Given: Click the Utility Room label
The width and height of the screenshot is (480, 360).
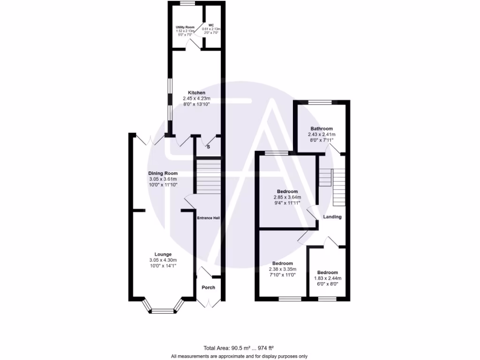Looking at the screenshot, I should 185,28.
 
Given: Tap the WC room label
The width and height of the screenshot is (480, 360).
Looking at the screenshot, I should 211,25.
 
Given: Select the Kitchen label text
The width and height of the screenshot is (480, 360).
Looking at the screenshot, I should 197,93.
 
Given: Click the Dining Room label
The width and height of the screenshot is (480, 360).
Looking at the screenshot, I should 163,173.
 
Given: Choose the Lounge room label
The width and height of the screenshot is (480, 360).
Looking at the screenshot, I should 163,254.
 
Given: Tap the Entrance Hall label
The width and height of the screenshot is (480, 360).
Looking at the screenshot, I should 208,218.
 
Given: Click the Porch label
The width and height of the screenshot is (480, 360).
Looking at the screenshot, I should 208,287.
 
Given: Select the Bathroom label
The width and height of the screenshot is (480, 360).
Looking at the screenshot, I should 322,129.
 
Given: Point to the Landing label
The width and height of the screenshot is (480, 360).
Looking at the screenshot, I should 332,217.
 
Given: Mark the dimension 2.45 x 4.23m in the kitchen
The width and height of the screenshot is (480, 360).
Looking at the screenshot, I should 197,98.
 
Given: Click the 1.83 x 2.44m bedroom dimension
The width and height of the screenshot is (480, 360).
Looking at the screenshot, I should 327,278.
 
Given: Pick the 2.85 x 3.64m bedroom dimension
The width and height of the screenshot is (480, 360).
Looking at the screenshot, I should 287,197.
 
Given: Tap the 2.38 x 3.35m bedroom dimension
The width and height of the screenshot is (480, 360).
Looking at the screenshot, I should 282,269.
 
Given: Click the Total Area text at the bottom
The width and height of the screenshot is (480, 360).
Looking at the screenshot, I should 239,348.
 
